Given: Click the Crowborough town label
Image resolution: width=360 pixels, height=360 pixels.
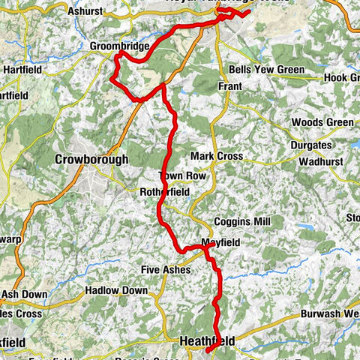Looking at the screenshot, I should pyautogui.click(x=91, y=160).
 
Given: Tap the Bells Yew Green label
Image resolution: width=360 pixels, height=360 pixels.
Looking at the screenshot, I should pyautogui.click(x=267, y=70).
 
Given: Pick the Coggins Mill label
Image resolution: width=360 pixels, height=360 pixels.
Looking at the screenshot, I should pyautogui.click(x=238, y=222).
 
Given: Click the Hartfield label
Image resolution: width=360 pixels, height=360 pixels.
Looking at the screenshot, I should pyautogui.click(x=22, y=70).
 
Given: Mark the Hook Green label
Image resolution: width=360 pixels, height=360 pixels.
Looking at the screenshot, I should pyautogui.click(x=342, y=78).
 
